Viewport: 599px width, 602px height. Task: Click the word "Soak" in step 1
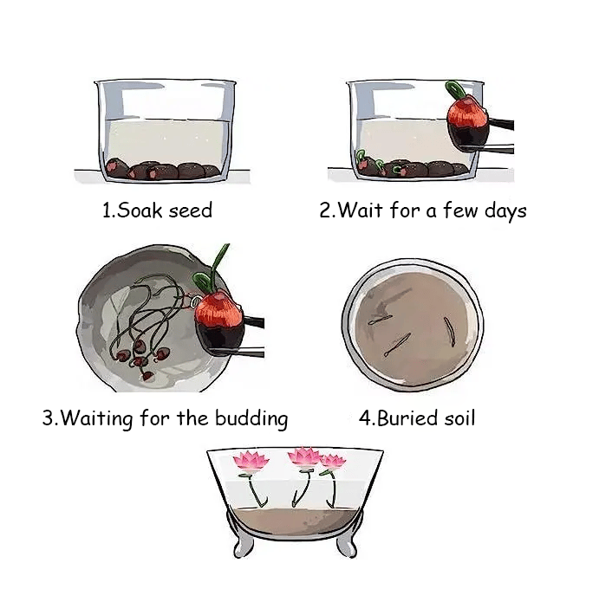140,210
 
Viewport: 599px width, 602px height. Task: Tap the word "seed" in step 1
190,210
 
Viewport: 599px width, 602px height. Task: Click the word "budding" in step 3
251,419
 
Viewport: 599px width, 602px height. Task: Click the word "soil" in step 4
459,418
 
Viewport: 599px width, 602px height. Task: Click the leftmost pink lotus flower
251,461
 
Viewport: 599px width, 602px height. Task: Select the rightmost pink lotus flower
333,463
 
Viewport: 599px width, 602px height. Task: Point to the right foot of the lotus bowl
348,545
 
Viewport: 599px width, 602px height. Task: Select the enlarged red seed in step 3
219,322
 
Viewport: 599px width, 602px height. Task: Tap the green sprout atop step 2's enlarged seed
456,90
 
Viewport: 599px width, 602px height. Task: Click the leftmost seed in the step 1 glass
117,168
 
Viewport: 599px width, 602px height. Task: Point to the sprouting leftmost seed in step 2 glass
365,163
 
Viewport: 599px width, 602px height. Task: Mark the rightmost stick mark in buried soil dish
450,332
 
